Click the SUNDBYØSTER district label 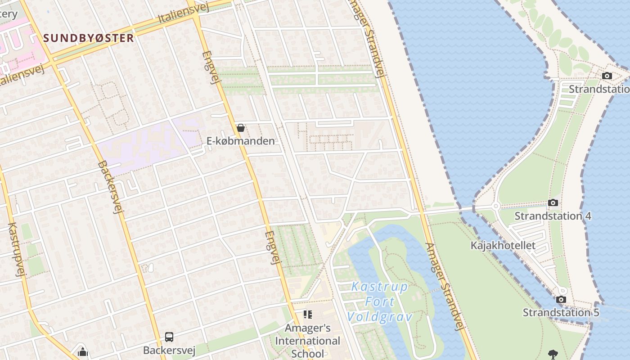(x=89, y=38)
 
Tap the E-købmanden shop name (x=240, y=141)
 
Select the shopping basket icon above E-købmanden (x=241, y=128)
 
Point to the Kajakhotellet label (x=503, y=245)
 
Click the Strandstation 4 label (x=553, y=216)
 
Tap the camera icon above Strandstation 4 (x=553, y=203)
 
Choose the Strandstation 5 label (x=561, y=312)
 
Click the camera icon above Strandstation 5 (x=561, y=299)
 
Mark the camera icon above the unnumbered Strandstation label (x=607, y=76)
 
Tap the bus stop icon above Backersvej (x=169, y=337)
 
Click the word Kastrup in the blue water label (x=379, y=287)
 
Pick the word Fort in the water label (x=380, y=302)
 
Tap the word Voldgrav (x=380, y=317)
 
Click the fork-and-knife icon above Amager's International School (x=308, y=314)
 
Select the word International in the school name (x=308, y=341)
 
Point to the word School (x=308, y=353)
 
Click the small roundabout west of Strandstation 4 (x=496, y=207)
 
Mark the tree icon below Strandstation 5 (x=553, y=354)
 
